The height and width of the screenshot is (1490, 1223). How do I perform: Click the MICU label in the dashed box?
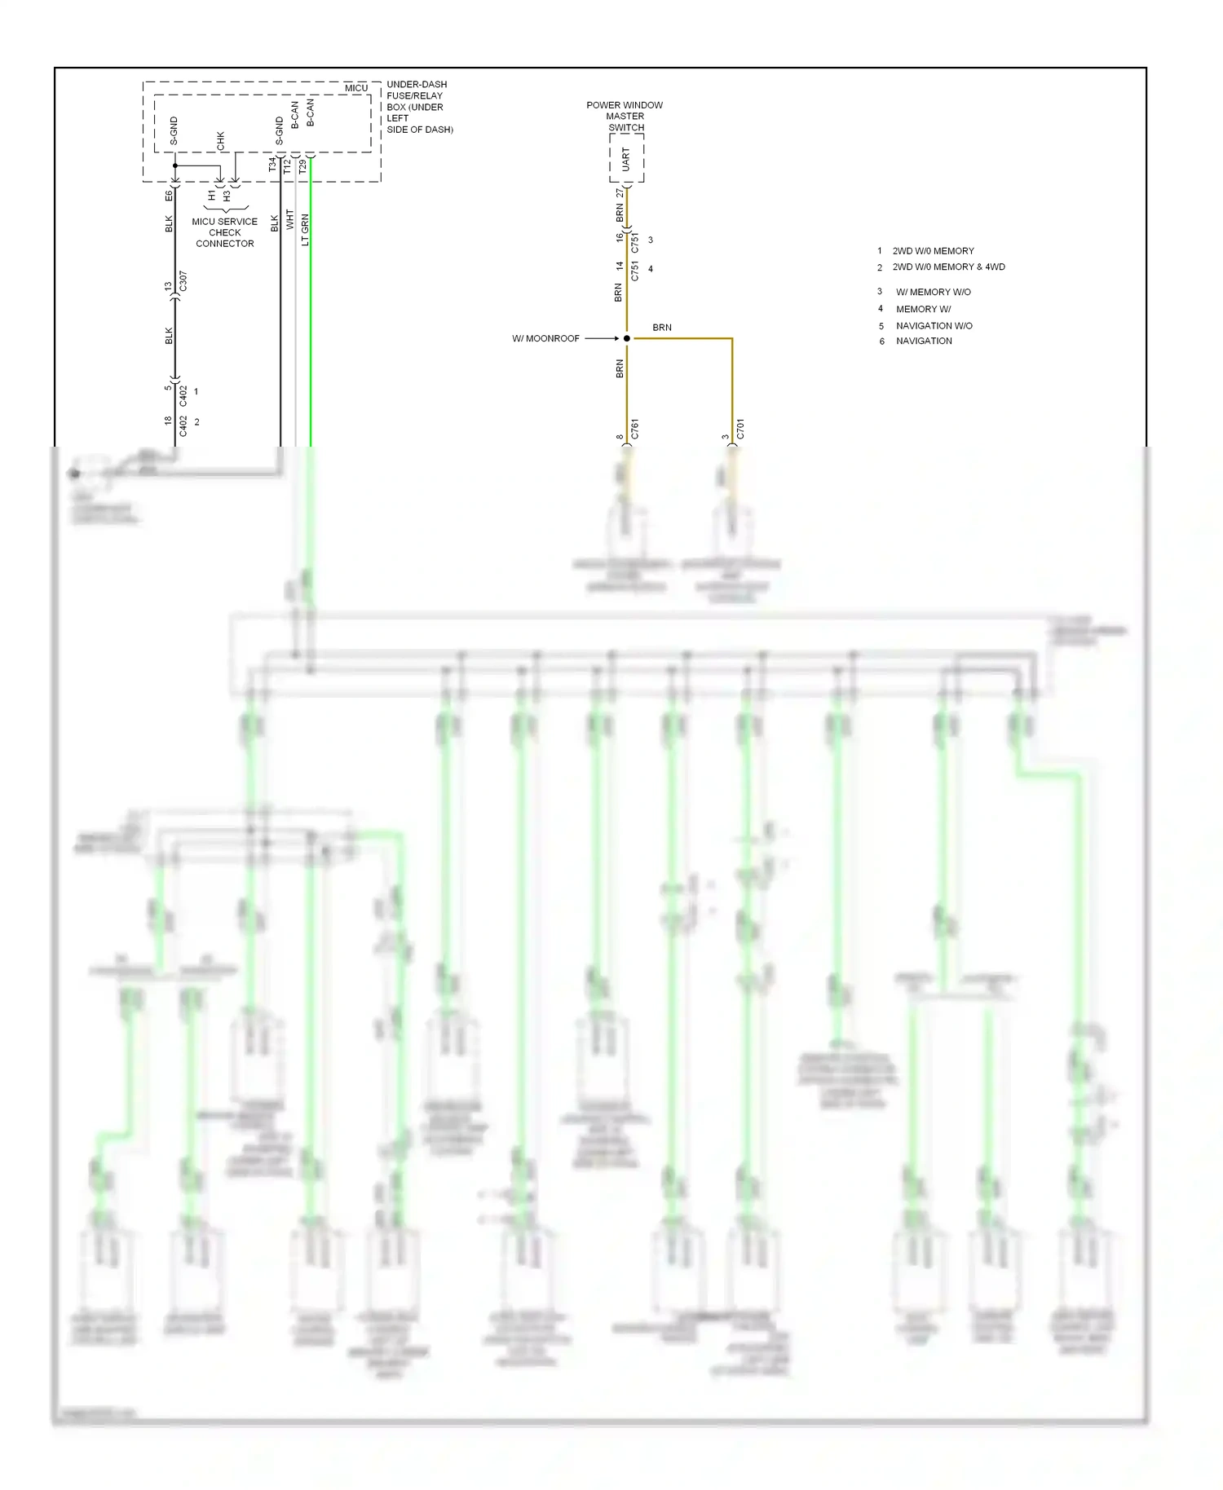(355, 88)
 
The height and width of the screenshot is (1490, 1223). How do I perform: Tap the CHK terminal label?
(220, 140)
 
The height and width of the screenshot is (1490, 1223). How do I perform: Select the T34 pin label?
(272, 165)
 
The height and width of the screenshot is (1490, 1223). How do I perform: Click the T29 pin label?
(302, 165)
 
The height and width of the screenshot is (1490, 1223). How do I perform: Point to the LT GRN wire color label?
(305, 229)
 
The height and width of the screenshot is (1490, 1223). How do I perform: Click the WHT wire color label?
(289, 219)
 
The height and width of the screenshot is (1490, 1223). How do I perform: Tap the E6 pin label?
(169, 196)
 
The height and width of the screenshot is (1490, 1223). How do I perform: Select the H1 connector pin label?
(212, 196)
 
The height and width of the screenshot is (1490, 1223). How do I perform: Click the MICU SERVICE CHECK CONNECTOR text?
(224, 232)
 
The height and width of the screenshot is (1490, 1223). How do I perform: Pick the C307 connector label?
(183, 282)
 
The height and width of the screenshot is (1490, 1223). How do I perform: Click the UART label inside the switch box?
(626, 159)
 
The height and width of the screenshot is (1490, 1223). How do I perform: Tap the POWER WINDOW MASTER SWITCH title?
(625, 116)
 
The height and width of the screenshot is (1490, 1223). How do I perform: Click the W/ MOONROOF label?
(545, 338)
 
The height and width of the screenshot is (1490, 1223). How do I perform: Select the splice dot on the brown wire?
(626, 338)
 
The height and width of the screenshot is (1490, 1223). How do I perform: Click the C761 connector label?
(634, 430)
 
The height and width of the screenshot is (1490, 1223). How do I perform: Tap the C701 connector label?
(740, 430)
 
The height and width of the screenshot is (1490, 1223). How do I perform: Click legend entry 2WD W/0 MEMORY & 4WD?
(948, 267)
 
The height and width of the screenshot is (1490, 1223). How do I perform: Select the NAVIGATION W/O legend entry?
(934, 325)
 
